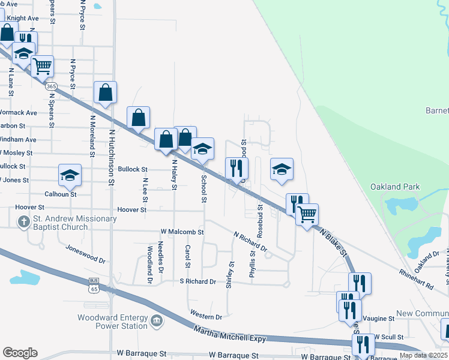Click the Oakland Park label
[394, 187]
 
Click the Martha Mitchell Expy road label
[230, 334]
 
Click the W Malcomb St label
[182, 232]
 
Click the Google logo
[20, 353]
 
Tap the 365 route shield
[52, 86]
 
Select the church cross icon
[23, 223]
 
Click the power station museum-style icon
[157, 321]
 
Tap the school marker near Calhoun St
[70, 175]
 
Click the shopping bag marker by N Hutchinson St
[106, 93]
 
